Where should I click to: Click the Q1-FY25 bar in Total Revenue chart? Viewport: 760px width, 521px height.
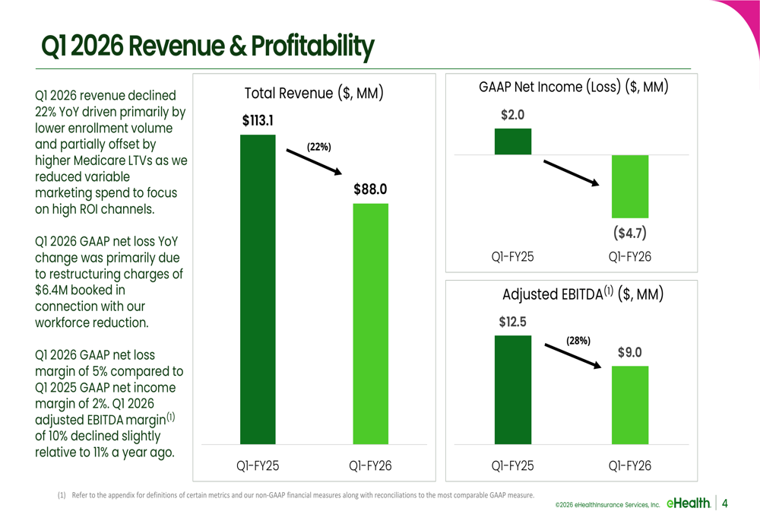[x=258, y=289]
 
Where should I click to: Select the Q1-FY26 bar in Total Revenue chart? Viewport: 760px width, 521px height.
[x=370, y=323]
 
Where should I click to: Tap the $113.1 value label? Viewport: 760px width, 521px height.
[x=258, y=120]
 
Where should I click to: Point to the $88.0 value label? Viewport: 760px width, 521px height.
[x=370, y=189]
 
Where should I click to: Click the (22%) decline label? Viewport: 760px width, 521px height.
[x=319, y=147]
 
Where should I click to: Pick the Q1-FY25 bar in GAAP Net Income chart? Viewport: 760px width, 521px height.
[x=513, y=141]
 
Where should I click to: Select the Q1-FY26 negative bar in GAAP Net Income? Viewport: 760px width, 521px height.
[x=630, y=186]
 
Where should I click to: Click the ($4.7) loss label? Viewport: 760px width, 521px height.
[x=630, y=233]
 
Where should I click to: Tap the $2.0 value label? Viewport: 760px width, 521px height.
[x=513, y=115]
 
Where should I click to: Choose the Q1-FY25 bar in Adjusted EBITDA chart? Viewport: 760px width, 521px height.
[x=513, y=389]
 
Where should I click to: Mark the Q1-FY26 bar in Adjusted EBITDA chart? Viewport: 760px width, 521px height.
[x=630, y=405]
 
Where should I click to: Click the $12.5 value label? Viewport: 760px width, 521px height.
[x=513, y=322]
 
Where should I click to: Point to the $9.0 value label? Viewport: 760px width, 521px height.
[x=629, y=352]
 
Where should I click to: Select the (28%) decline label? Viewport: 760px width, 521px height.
[x=578, y=341]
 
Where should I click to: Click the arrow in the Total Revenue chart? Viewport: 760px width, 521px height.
[x=314, y=162]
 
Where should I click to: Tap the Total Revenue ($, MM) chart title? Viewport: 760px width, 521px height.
[x=314, y=93]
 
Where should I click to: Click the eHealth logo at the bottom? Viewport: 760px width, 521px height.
[x=689, y=503]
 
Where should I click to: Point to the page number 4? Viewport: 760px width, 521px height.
[x=725, y=504]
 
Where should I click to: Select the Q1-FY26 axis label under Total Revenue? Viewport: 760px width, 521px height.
[x=370, y=466]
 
